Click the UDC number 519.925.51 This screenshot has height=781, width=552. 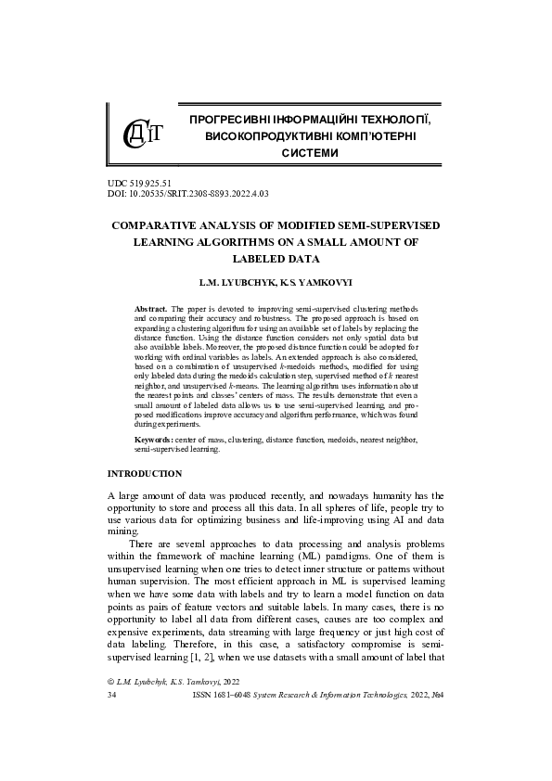pos(148,184)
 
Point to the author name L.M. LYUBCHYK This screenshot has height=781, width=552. pos(237,279)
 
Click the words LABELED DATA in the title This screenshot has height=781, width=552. pos(276,259)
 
